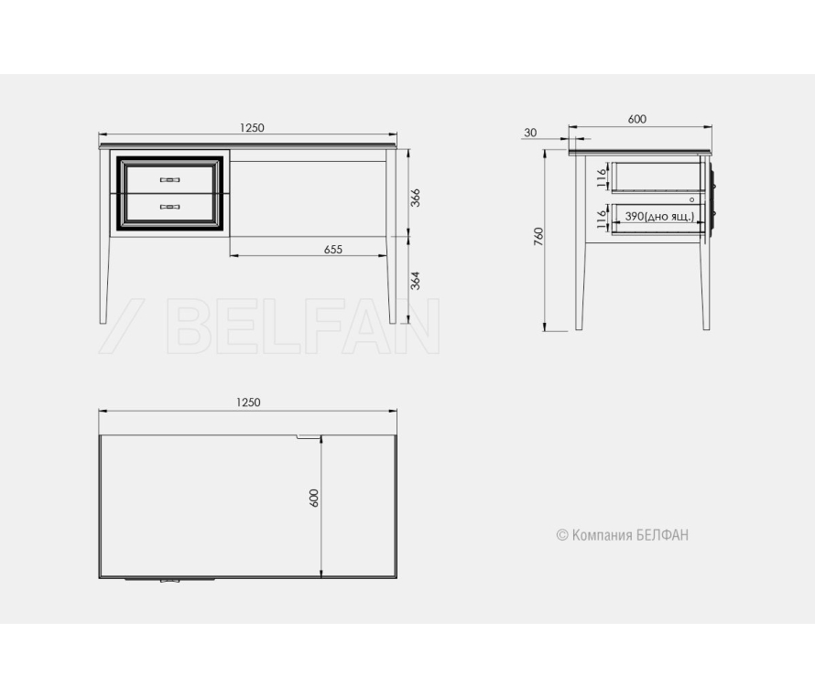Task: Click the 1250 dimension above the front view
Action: point(252,128)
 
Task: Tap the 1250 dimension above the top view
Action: point(248,402)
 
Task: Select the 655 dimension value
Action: point(333,250)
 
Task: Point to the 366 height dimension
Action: point(415,198)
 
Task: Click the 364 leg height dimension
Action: point(415,281)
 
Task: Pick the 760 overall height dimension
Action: point(538,237)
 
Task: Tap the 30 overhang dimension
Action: point(530,133)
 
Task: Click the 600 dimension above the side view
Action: point(636,119)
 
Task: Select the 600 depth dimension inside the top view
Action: point(313,498)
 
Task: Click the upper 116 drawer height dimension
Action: point(602,178)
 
